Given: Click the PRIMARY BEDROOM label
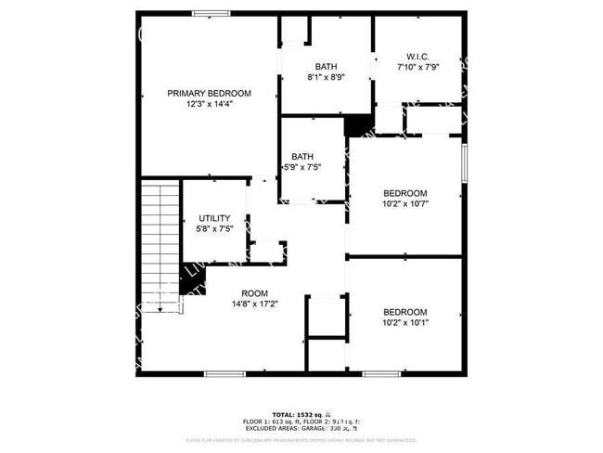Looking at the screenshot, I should click(209, 93).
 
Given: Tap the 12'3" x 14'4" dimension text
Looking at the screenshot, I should click(209, 104).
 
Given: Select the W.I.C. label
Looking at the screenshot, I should click(417, 56).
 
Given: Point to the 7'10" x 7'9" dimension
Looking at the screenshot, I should click(417, 67).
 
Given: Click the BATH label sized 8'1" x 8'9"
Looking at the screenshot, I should click(326, 66).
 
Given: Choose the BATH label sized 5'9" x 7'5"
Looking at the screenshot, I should click(302, 156).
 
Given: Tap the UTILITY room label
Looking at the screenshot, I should click(214, 218).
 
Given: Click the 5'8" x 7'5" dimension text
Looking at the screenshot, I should click(214, 229).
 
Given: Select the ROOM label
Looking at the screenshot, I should click(255, 291).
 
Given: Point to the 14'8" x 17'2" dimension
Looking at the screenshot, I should click(255, 303).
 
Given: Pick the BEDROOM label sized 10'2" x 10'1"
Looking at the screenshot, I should click(405, 312).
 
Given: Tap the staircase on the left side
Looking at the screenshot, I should click(159, 245).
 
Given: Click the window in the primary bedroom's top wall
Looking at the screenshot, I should click(212, 13).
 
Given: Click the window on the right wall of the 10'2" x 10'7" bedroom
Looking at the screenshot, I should click(464, 163).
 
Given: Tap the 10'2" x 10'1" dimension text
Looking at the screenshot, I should click(405, 323).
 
